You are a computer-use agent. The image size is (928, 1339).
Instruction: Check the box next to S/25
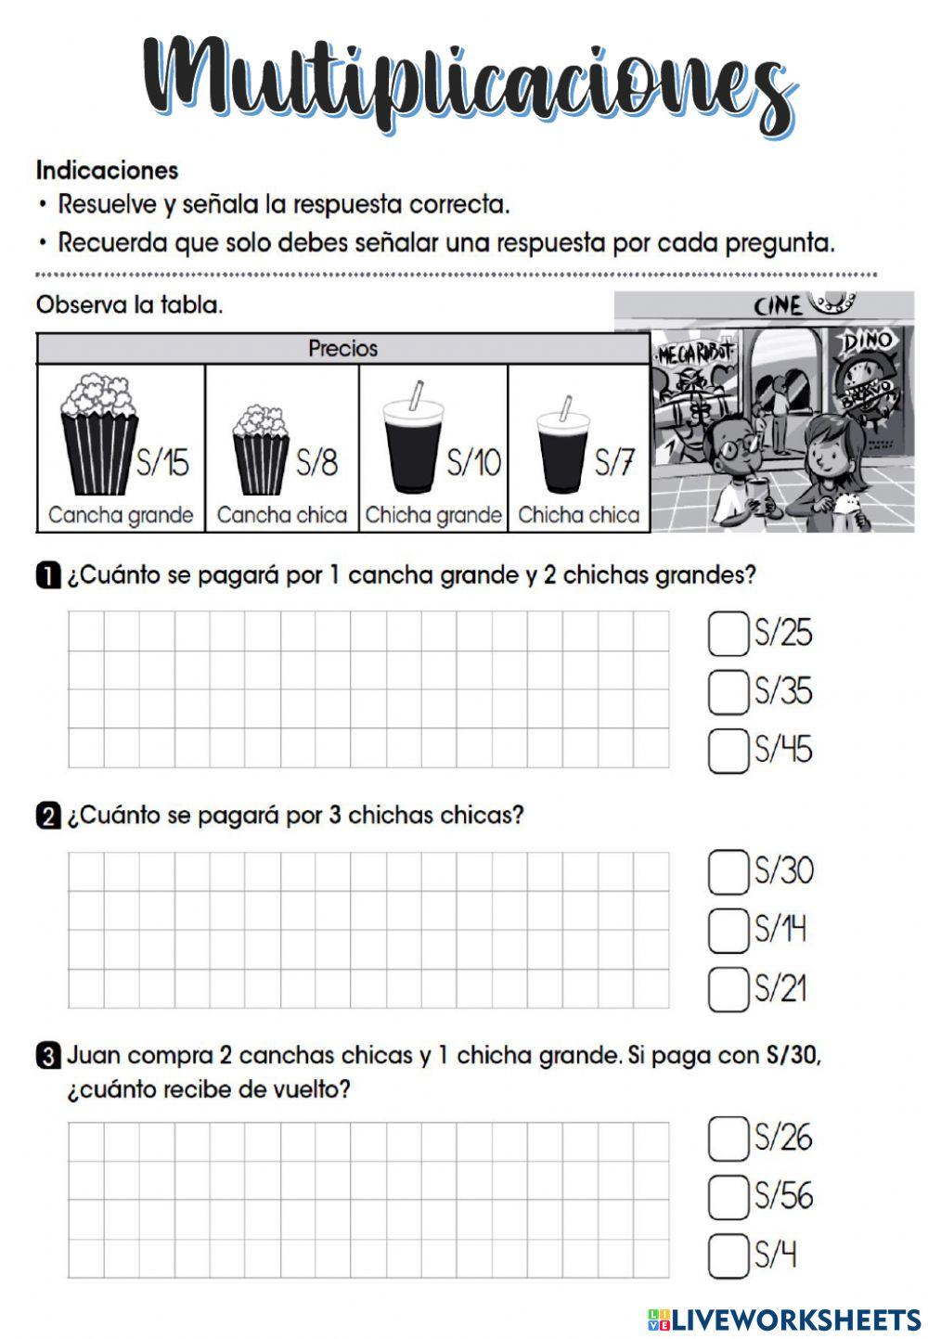pyautogui.click(x=728, y=634)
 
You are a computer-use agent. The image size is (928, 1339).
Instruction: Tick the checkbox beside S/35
pyautogui.click(x=728, y=692)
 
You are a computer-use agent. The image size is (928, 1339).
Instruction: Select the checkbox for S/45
pyautogui.click(x=728, y=750)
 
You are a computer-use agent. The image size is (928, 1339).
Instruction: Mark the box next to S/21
pyautogui.click(x=728, y=989)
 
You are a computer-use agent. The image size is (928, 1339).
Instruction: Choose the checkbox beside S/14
pyautogui.click(x=728, y=931)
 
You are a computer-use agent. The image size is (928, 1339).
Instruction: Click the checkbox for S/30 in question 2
pyautogui.click(x=728, y=872)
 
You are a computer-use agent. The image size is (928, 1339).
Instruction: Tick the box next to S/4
pyautogui.click(x=728, y=1256)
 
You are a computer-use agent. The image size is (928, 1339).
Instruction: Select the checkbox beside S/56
pyautogui.click(x=728, y=1197)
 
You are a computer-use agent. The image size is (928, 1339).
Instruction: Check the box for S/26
pyautogui.click(x=728, y=1139)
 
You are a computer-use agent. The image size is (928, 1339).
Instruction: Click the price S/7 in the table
pyautogui.click(x=614, y=461)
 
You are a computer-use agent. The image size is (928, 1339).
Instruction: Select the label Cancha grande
pyautogui.click(x=121, y=515)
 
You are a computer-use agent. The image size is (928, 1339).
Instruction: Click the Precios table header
pyautogui.click(x=342, y=349)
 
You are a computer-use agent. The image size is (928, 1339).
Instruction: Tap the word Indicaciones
pyautogui.click(x=107, y=171)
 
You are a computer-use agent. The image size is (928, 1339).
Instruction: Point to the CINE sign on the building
pyautogui.click(x=778, y=305)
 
